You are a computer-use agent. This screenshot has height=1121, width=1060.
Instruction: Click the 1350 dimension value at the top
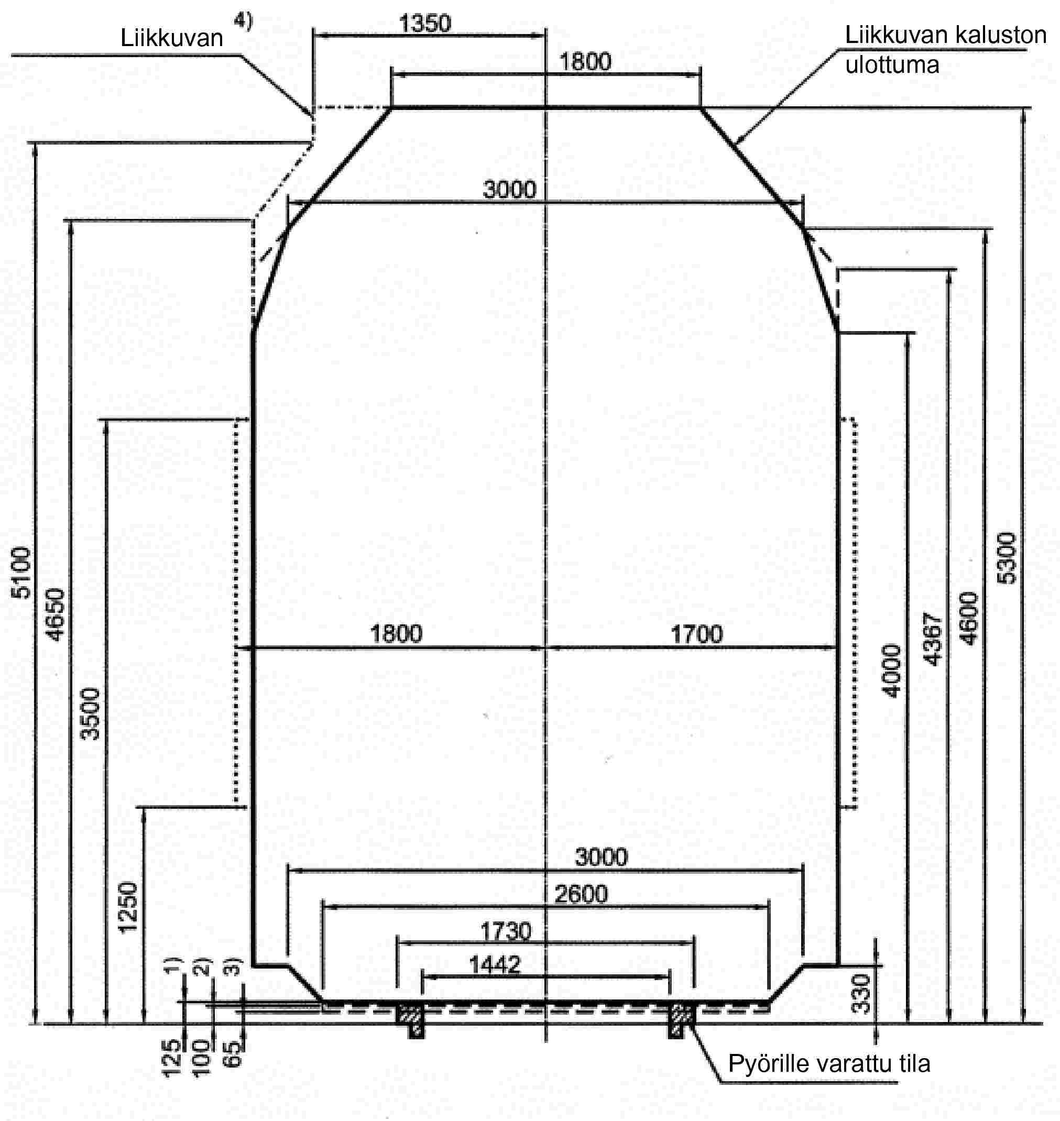coord(425,24)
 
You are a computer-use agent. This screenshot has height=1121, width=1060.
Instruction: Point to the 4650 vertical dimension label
coord(57,615)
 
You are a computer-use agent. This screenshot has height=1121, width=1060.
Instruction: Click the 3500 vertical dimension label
coord(91,714)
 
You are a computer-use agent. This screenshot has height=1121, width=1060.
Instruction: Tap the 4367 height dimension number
coord(933,639)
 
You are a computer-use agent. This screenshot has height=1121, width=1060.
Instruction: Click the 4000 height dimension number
coord(892,671)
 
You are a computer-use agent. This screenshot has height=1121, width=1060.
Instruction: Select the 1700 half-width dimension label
coord(697,634)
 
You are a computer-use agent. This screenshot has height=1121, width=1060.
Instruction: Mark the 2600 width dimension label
coord(581,895)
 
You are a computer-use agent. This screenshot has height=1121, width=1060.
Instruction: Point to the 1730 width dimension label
coord(506,931)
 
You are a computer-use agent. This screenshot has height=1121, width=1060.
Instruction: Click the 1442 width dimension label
coord(495,965)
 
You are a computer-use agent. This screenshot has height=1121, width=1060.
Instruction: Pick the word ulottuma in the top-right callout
coord(892,64)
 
